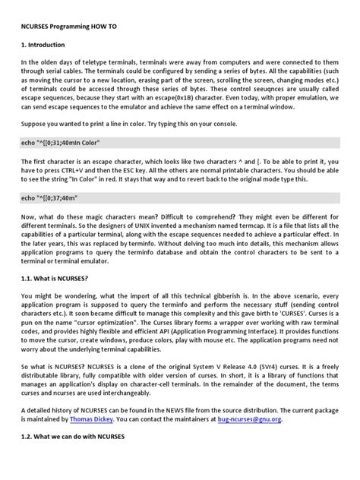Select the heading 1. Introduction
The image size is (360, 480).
click(47, 46)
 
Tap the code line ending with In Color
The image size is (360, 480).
click(61, 142)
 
